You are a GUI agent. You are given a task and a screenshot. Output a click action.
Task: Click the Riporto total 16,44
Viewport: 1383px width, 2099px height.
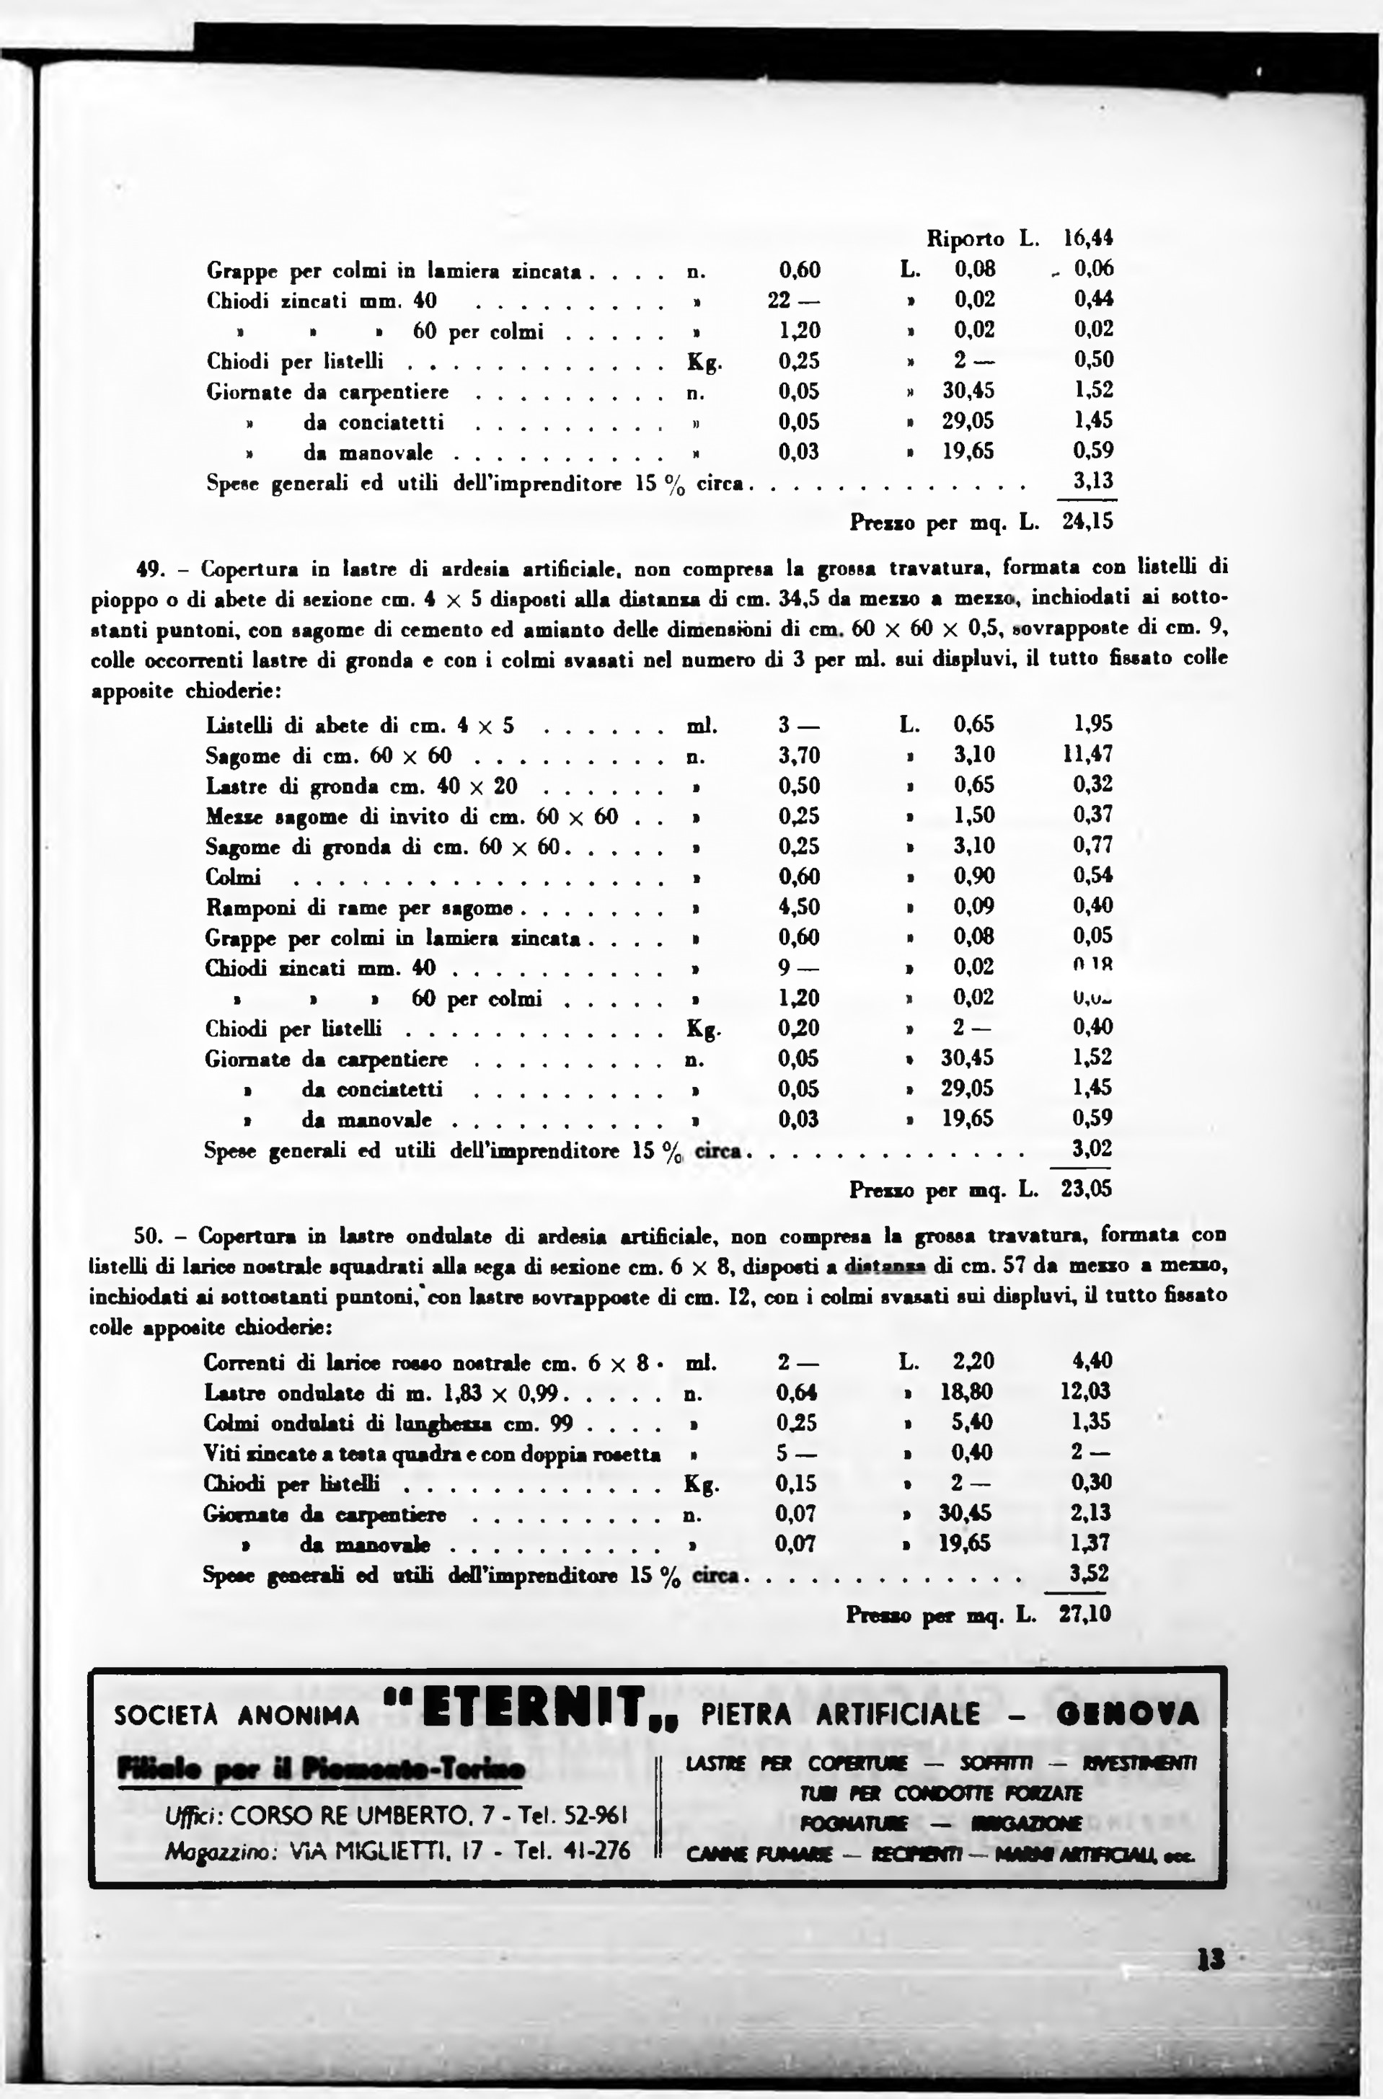tap(1088, 238)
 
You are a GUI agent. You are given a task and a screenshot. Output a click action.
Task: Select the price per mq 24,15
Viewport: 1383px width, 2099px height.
tap(1087, 522)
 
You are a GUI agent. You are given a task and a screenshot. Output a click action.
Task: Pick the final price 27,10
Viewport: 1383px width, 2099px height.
tap(1085, 1615)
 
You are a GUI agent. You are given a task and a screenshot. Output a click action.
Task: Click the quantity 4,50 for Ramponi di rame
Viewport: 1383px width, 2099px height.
tap(798, 907)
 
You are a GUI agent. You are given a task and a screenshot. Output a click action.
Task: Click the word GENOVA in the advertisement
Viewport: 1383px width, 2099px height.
tap(1127, 1713)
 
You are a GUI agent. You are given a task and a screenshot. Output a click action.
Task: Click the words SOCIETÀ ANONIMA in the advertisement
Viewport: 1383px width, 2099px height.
tap(237, 1716)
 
